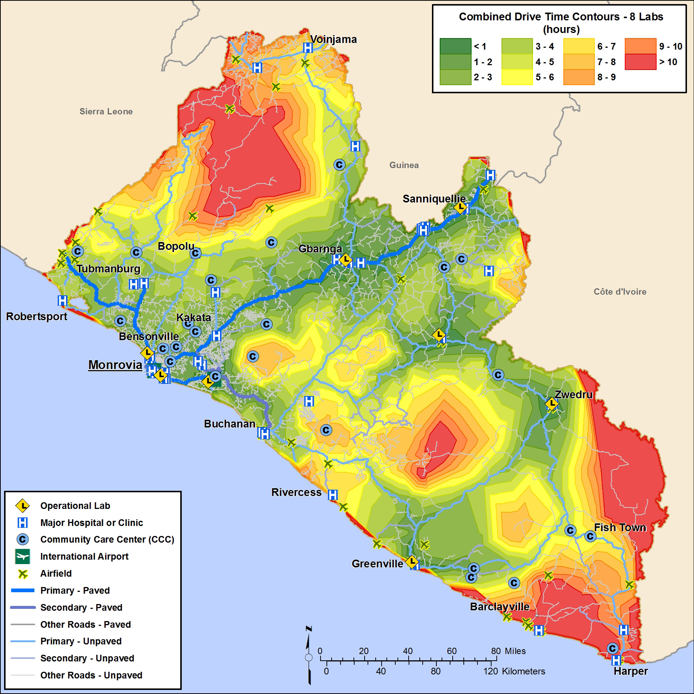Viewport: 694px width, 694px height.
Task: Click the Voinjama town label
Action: pyautogui.click(x=333, y=39)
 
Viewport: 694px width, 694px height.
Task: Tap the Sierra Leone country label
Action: pyautogui.click(x=106, y=111)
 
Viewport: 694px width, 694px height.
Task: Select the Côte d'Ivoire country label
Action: pyautogui.click(x=620, y=292)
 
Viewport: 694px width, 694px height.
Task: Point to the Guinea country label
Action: pyautogui.click(x=404, y=165)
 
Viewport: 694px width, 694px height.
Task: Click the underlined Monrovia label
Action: pyautogui.click(x=115, y=365)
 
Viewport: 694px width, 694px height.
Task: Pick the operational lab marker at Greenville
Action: pyautogui.click(x=412, y=562)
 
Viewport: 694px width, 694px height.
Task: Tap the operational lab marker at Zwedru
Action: pyautogui.click(x=551, y=403)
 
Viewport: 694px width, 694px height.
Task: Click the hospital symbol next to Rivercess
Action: pyautogui.click(x=333, y=494)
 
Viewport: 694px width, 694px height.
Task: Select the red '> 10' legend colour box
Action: pyautogui.click(x=640, y=62)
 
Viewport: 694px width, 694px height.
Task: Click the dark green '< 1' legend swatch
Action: pyautogui.click(x=455, y=46)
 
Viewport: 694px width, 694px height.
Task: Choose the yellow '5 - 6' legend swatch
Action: pyautogui.click(x=517, y=77)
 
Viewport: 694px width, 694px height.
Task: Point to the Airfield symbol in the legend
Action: pyautogui.click(x=23, y=574)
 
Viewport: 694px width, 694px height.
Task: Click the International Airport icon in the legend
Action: pyautogui.click(x=23, y=557)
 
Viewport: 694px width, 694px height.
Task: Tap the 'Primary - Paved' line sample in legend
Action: pyautogui.click(x=23, y=590)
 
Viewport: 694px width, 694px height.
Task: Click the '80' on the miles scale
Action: pyautogui.click(x=496, y=651)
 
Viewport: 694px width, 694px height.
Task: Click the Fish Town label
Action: pyautogui.click(x=620, y=527)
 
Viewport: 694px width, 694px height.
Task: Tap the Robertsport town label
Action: pyautogui.click(x=37, y=316)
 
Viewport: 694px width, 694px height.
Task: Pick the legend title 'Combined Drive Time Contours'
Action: pyautogui.click(x=561, y=17)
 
